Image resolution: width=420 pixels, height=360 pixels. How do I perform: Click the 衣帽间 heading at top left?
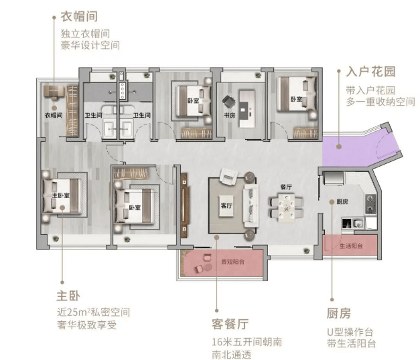coord(79,16)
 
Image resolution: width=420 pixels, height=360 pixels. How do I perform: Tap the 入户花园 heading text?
coord(370,72)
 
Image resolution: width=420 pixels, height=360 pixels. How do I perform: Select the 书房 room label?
coord(230,115)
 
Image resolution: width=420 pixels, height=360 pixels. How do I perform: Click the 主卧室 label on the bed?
coord(61,195)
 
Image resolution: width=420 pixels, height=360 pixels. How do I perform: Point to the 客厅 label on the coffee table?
coord(226,205)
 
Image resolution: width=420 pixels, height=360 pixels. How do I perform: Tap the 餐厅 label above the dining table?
coord(286,187)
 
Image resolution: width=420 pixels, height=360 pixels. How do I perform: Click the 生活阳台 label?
coord(351,246)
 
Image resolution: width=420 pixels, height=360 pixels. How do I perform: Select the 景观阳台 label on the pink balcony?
coord(232,262)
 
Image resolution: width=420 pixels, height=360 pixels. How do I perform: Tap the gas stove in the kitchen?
coord(370,203)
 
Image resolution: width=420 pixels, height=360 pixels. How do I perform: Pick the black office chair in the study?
coord(228,102)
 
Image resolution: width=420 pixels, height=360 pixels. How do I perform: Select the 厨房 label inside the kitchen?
coord(342,201)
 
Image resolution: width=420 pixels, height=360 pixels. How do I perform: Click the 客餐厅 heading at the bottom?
coord(230,324)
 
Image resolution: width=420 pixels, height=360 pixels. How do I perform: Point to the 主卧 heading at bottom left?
coord(68,296)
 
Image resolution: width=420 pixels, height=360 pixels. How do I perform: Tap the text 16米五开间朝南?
coord(247,342)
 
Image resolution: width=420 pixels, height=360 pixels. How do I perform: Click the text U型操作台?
coord(350,332)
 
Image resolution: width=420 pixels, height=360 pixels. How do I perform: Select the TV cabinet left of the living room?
coord(185,205)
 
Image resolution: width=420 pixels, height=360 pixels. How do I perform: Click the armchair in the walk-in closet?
coord(54,92)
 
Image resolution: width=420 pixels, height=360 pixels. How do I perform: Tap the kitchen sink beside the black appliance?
coord(358,223)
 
